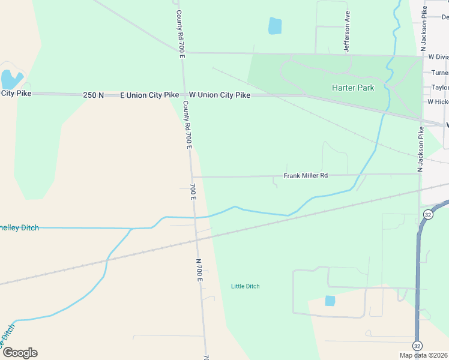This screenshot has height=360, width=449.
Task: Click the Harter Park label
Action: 353,88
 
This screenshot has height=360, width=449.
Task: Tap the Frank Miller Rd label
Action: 306,176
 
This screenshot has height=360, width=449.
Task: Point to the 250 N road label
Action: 94,95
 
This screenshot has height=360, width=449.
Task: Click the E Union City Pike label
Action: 149,95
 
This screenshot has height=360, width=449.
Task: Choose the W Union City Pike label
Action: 219,95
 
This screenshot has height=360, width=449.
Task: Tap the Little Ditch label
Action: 245,286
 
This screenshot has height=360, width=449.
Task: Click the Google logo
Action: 19,353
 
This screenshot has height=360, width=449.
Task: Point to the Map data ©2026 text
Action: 424,355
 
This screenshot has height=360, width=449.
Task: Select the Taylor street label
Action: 439,88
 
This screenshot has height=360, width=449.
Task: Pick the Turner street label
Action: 439,73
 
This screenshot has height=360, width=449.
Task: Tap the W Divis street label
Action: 438,57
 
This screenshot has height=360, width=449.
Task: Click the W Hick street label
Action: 438,102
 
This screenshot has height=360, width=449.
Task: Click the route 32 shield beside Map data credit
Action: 417,346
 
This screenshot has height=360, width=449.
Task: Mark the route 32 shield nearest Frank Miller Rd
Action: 428,214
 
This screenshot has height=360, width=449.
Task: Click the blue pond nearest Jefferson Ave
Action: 274,26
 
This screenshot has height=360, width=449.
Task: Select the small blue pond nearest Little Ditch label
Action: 330,301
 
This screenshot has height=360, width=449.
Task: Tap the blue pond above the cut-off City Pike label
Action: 11,79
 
